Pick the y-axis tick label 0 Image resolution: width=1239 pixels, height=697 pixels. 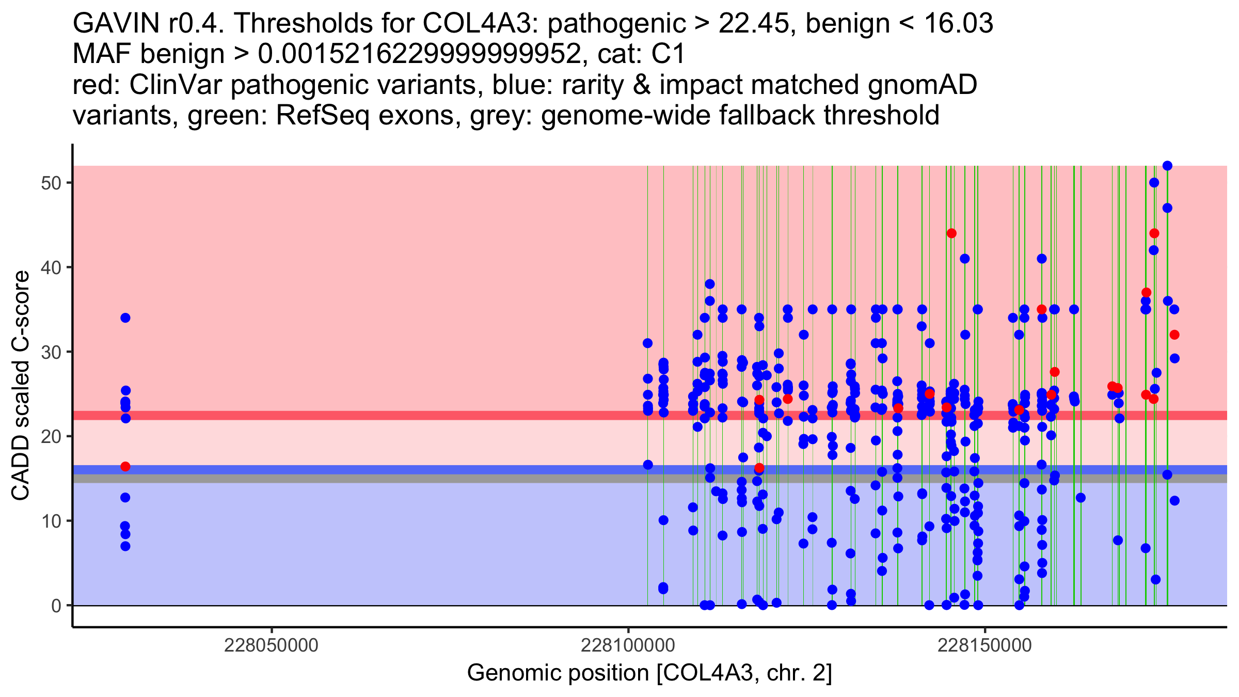point(56,606)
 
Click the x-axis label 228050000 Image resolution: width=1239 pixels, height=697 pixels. point(272,645)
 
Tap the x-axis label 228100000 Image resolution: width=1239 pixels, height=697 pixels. point(628,645)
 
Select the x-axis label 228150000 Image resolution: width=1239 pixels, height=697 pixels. point(985,645)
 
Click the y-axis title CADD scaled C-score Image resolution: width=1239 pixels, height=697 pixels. point(21,386)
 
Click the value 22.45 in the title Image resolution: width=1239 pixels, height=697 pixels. point(757,23)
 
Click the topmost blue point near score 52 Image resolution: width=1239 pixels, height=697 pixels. point(1167,166)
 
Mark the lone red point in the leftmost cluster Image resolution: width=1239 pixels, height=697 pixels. point(125,467)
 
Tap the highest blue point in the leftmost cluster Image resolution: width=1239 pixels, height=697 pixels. point(125,318)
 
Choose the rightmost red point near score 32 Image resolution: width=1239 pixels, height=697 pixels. point(1174,335)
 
